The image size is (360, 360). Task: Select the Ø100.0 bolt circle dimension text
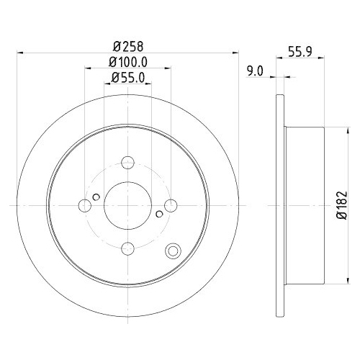[129, 61]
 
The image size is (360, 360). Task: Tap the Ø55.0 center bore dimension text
[129, 80]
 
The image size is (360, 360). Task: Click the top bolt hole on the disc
[127, 163]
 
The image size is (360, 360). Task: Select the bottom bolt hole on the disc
[127, 248]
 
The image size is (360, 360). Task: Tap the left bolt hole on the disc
[85, 206]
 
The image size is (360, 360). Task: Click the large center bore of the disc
[127, 206]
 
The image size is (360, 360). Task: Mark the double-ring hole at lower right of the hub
[173, 251]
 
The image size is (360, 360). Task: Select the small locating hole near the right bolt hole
[159, 214]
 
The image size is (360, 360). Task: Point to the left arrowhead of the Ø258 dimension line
[19, 52]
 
